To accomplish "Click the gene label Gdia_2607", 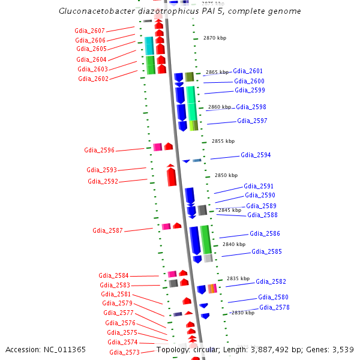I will coord(90,31).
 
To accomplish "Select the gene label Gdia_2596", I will coord(100,149).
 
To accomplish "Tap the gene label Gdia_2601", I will coord(248,71).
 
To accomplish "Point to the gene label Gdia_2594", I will coord(256,155).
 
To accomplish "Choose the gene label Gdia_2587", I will coord(107,230).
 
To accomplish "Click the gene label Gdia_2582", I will coord(271,281).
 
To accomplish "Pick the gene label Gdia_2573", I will coord(124,352).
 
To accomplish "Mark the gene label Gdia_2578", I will coord(275,307).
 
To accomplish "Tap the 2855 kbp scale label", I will coord(223,141).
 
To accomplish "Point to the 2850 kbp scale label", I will coord(226,175).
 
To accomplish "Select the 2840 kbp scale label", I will coord(234,244).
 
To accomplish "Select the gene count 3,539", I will coord(342,349).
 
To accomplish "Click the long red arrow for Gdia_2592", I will coord(172,175).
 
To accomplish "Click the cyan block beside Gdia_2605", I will coord(150,46).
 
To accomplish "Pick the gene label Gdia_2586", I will coord(265,233).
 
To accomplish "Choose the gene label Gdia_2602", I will coord(93,79).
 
